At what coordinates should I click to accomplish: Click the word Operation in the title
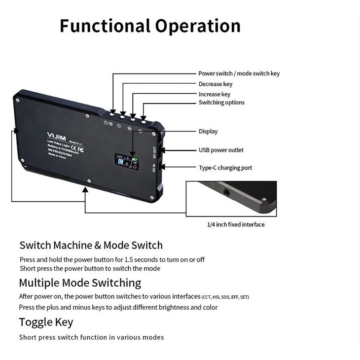(198, 26)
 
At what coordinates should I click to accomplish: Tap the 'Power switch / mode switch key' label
(239, 73)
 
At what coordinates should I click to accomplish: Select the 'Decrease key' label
(215, 84)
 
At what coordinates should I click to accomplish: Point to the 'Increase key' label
(214, 94)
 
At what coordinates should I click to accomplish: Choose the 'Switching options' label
(221, 103)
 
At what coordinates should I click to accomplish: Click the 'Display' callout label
(208, 132)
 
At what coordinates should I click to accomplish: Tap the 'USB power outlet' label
(221, 150)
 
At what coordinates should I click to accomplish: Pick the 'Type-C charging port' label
(225, 168)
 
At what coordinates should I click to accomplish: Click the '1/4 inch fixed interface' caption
(235, 224)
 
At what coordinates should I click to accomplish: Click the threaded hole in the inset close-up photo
(226, 190)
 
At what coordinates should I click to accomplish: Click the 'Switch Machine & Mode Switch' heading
(91, 245)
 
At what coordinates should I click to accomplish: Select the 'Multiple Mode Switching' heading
(80, 283)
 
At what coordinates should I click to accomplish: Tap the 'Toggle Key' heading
(46, 322)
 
